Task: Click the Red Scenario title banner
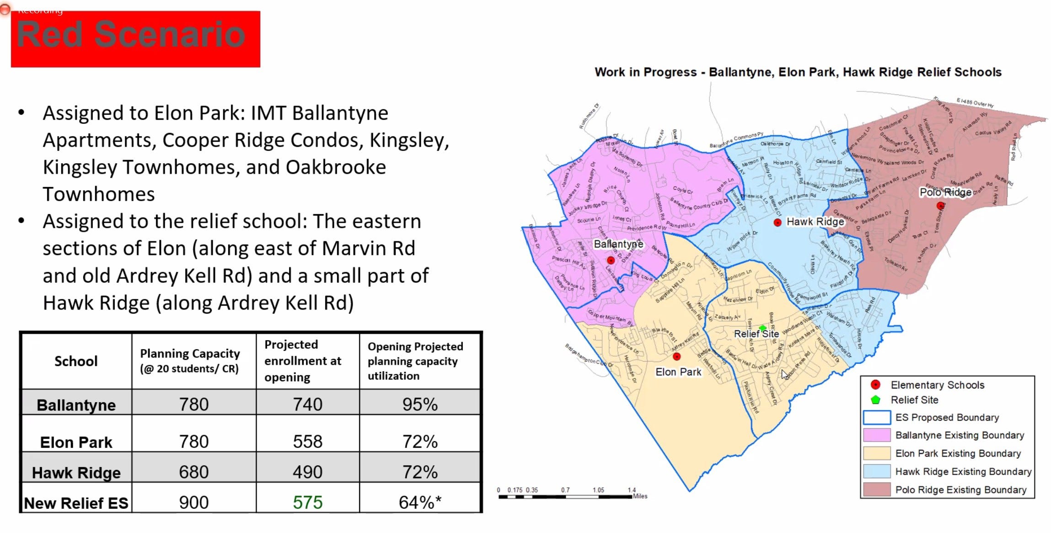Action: tap(135, 39)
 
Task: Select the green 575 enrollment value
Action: tap(308, 502)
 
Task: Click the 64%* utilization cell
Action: tap(420, 502)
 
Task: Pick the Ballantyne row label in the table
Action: tap(76, 405)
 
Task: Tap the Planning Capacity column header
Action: tap(190, 361)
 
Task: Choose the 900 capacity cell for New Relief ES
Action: tap(194, 502)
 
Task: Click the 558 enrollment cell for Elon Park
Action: tap(308, 442)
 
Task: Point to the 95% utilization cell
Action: tap(420, 404)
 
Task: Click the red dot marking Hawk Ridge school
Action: tap(778, 223)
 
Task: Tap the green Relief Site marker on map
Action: tap(762, 328)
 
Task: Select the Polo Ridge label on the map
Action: tap(945, 192)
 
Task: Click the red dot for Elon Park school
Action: tap(677, 357)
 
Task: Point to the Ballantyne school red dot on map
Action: tap(611, 260)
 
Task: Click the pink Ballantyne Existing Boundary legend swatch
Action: tap(876, 435)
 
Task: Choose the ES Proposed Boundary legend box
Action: tap(876, 417)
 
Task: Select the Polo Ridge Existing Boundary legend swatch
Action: tap(876, 490)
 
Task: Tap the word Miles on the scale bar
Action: tap(640, 496)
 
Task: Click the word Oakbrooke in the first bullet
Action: tap(336, 167)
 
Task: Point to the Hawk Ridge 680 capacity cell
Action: tap(194, 472)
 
